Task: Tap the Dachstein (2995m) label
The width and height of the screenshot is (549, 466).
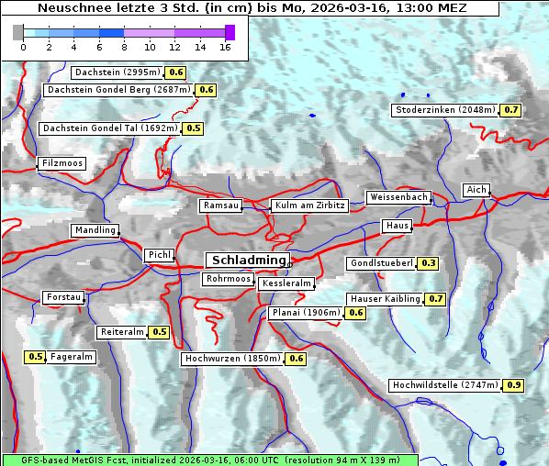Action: pyautogui.click(x=117, y=72)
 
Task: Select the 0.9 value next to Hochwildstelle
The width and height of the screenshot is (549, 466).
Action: pyautogui.click(x=513, y=385)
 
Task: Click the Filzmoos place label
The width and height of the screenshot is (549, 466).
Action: pyautogui.click(x=62, y=163)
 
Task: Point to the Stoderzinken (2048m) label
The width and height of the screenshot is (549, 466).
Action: pyautogui.click(x=445, y=110)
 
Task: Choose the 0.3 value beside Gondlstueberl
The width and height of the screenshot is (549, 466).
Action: pyautogui.click(x=428, y=263)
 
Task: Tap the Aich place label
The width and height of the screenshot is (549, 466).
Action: pyautogui.click(x=476, y=190)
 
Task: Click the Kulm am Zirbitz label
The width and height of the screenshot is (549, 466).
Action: pyautogui.click(x=309, y=205)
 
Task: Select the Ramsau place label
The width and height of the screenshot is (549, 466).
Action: pyautogui.click(x=221, y=205)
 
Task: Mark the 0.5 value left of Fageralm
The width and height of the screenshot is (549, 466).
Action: pyautogui.click(x=36, y=357)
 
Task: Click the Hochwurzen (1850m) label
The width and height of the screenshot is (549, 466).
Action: pyautogui.click(x=231, y=359)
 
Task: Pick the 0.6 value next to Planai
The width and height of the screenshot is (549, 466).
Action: pyautogui.click(x=356, y=313)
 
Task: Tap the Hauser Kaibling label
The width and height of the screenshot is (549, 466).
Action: pyautogui.click(x=385, y=298)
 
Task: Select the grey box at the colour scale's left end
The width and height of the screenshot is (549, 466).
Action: pyautogui.click(x=18, y=32)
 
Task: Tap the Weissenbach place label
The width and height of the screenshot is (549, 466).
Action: pyautogui.click(x=398, y=197)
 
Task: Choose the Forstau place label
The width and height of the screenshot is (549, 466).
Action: pyautogui.click(x=64, y=297)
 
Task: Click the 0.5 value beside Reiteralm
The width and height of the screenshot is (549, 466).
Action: pyautogui.click(x=160, y=332)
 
